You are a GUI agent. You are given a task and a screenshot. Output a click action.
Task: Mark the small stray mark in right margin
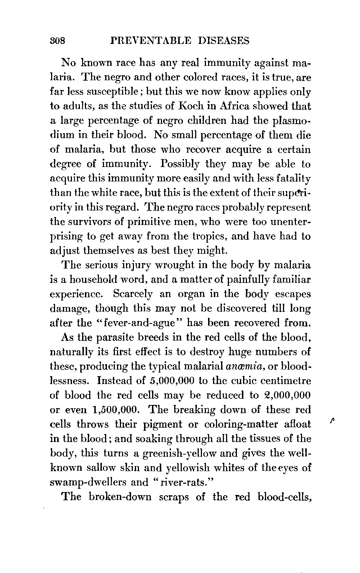[330, 420]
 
